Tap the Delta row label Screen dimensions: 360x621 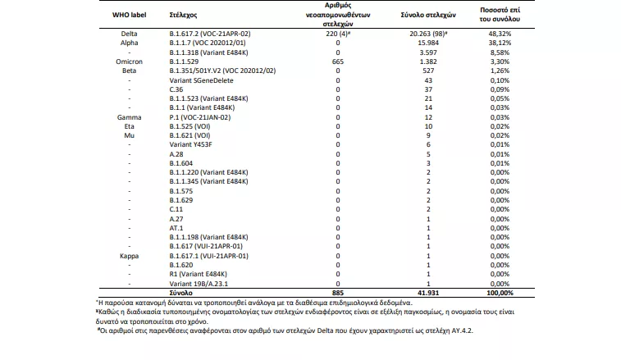[x=129, y=32]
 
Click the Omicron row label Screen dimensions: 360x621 [x=130, y=61]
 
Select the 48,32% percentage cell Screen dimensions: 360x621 [x=495, y=32]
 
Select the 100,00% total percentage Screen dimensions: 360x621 [x=495, y=292]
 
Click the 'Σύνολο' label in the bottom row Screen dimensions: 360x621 [x=181, y=292]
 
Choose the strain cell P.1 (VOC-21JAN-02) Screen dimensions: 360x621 [x=199, y=117]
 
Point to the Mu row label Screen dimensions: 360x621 [x=130, y=135]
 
